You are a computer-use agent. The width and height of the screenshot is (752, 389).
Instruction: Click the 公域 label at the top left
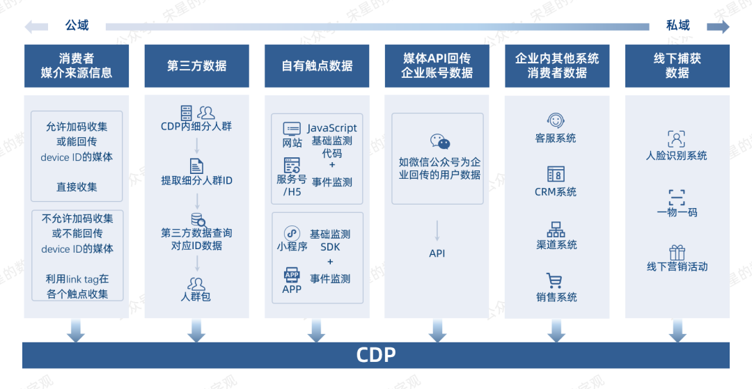[x=77, y=26]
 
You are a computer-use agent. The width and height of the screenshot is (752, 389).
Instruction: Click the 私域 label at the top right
[x=677, y=26]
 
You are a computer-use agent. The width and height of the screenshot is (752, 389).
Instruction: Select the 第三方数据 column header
[x=196, y=66]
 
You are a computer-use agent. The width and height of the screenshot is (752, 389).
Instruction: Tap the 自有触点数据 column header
[x=317, y=66]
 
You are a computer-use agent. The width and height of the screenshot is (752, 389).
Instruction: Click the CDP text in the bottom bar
[x=376, y=355]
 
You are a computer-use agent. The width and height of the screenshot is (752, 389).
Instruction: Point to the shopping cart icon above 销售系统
[x=555, y=280]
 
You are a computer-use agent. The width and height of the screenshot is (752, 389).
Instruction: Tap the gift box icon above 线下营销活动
[x=677, y=252]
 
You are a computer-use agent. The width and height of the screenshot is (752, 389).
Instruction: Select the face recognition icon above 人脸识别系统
[x=676, y=138]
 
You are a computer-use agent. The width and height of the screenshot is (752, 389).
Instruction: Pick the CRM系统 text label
[x=556, y=192]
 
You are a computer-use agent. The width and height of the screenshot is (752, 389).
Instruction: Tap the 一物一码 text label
[x=677, y=212]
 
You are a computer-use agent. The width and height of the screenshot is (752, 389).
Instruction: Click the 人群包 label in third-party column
[x=196, y=297]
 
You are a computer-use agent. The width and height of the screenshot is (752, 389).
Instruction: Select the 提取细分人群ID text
[x=196, y=181]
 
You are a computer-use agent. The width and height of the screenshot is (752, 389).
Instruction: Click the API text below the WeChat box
[x=437, y=253]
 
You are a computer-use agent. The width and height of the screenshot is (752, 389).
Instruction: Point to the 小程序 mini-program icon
[x=292, y=233]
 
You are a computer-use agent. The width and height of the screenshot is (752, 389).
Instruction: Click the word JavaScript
[x=332, y=128]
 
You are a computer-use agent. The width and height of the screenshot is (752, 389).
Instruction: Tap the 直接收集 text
[x=77, y=187]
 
